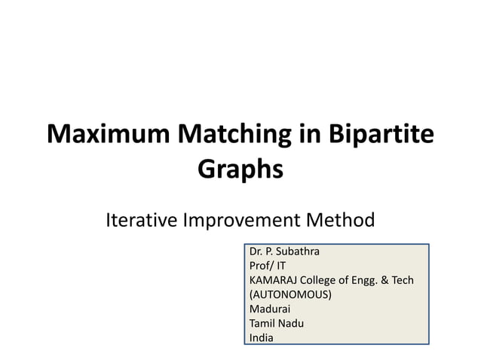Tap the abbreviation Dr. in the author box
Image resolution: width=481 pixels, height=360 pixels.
256,251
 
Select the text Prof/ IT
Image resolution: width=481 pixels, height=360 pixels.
268,265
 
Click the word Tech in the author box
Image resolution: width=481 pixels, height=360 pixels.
403,279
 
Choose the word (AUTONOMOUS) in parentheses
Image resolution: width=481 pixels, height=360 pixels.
290,294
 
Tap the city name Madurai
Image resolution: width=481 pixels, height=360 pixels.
269,308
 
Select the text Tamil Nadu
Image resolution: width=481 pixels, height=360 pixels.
276,322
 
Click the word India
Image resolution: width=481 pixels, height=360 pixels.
262,337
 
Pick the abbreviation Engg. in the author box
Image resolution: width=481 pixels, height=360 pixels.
363,279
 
